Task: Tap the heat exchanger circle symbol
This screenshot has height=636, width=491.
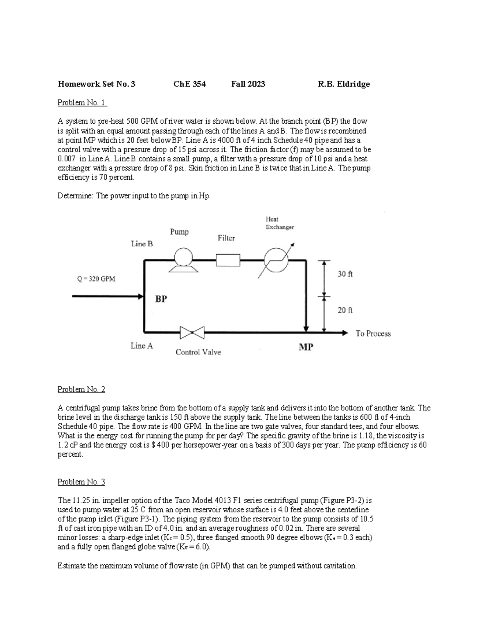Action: pos(276,260)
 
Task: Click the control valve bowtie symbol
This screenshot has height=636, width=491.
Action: pos(192,333)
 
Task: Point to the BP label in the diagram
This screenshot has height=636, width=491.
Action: pos(161,299)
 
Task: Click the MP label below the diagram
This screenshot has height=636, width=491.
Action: pos(306,347)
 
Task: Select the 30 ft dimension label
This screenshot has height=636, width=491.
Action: pos(345,274)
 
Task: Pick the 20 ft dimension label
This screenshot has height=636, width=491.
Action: pos(345,310)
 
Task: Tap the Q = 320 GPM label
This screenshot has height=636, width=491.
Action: pos(96,279)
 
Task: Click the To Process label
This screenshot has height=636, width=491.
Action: pos(373,333)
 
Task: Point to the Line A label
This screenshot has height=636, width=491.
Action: pos(142,346)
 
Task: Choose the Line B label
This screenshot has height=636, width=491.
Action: pos(142,244)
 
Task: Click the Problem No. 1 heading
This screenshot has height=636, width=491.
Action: pos(82,102)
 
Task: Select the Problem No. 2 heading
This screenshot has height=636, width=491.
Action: pos(81,389)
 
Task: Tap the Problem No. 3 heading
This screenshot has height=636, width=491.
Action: pos(81,482)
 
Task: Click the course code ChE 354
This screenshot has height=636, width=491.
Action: pos(189,84)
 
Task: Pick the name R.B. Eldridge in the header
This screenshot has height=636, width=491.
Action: pos(344,84)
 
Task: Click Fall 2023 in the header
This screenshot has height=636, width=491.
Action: pos(248,84)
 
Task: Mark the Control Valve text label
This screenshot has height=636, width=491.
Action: pos(198,352)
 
